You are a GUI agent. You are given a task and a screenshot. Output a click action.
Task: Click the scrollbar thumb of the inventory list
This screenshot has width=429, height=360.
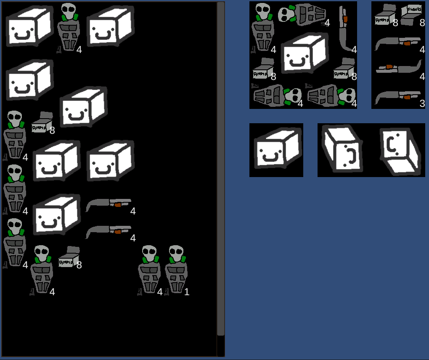click(221, 168)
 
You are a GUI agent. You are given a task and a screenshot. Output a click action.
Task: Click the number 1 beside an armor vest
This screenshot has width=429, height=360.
click(187, 291)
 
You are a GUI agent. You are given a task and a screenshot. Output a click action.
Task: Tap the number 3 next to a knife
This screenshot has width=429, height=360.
click(422, 103)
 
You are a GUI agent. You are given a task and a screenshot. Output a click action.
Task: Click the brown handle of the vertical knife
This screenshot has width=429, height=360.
click(345, 19)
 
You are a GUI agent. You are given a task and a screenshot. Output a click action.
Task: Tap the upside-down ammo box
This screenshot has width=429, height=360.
click(410, 15)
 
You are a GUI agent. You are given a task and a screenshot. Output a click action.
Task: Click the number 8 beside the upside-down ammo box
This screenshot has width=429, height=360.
click(422, 23)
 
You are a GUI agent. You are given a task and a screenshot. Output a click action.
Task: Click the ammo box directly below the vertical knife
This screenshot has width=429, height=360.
click(344, 69)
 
